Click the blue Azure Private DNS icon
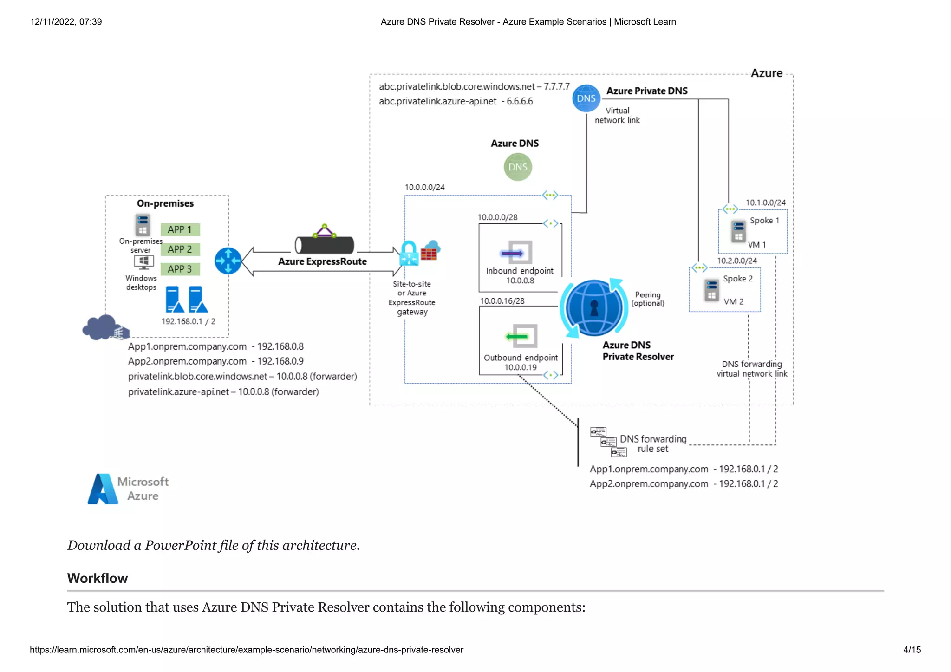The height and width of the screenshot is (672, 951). tap(586, 98)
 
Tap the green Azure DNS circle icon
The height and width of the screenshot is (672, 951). tap(518, 167)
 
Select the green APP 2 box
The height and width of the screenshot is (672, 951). tap(180, 249)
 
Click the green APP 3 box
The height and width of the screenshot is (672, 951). tap(180, 269)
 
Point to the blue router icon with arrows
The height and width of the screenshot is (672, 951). tap(228, 261)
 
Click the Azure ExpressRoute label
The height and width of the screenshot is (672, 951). tap(322, 261)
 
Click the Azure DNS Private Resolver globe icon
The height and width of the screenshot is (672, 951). tap(594, 308)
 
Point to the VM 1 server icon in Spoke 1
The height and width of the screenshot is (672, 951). tap(738, 231)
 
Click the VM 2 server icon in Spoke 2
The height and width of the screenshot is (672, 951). tap(711, 290)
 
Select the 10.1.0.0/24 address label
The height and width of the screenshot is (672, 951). tap(765, 203)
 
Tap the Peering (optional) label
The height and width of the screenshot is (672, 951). tap(648, 299)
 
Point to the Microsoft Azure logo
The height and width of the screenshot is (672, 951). tap(128, 489)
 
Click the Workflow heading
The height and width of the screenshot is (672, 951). tap(98, 578)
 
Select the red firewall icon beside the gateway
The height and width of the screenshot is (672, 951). tap(429, 254)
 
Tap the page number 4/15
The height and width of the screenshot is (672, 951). tap(912, 650)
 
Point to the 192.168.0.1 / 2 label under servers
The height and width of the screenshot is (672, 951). tap(188, 321)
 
